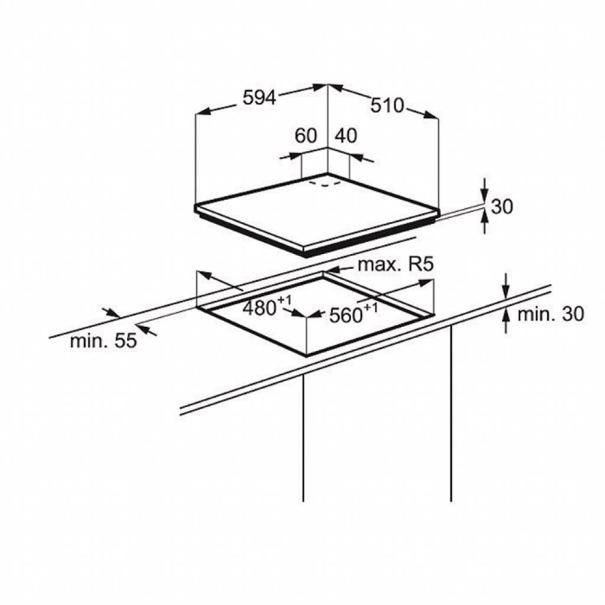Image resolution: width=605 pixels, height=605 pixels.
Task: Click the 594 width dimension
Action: (x=259, y=97)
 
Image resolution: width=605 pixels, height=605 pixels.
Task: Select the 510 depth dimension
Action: (x=387, y=105)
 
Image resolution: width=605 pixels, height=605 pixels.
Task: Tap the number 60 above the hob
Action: (x=305, y=135)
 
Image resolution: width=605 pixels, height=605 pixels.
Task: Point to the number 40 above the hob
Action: (x=346, y=135)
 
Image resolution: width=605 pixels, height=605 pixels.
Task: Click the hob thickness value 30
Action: (x=502, y=206)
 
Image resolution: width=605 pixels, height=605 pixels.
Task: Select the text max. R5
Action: (x=396, y=265)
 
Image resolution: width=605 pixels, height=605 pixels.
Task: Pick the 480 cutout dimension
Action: (x=260, y=308)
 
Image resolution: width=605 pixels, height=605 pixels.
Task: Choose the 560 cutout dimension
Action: (x=346, y=315)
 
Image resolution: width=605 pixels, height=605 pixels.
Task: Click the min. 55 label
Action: (x=103, y=341)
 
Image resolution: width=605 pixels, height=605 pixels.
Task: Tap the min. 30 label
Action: (x=551, y=314)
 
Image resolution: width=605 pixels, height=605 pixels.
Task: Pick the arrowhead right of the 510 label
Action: (x=431, y=115)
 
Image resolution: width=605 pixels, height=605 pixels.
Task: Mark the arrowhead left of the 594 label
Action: (x=204, y=112)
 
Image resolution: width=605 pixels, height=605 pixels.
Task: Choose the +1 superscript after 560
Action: (x=370, y=308)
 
